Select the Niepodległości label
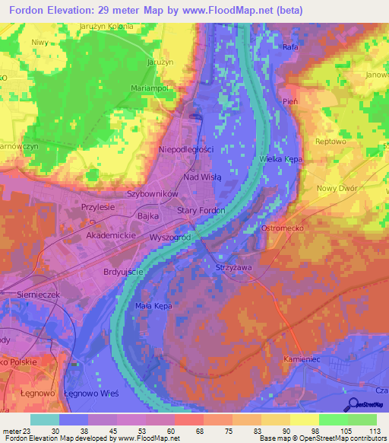(x=186, y=150)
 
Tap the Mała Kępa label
(x=153, y=305)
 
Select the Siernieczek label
(x=37, y=294)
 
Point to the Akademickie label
(x=111, y=237)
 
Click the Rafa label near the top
(x=289, y=47)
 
